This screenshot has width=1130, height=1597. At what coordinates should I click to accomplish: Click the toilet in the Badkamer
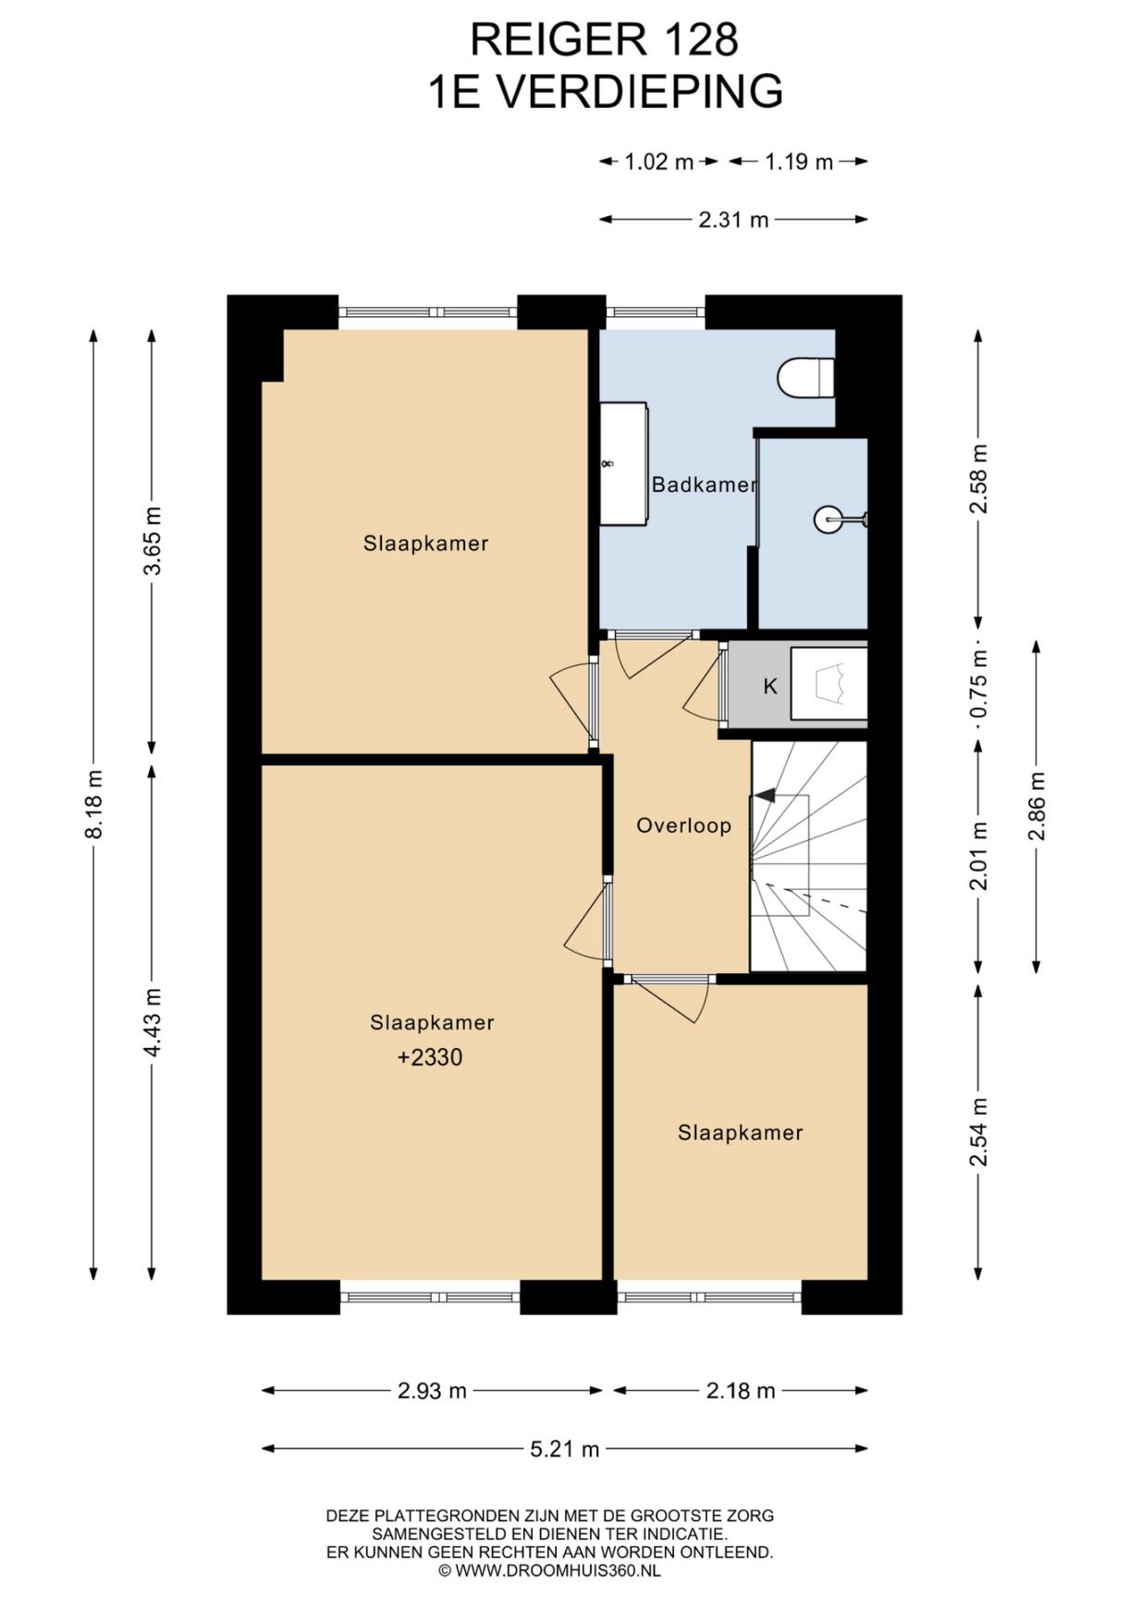(806, 378)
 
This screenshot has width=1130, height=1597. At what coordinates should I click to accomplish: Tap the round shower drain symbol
(828, 519)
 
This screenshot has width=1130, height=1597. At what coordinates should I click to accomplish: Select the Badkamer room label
(704, 484)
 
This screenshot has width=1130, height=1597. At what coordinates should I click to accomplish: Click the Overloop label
(683, 825)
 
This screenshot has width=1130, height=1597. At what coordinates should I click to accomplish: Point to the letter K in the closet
(769, 687)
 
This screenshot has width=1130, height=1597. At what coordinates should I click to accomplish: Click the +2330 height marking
(430, 1057)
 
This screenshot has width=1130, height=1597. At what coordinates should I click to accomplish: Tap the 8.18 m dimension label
(93, 804)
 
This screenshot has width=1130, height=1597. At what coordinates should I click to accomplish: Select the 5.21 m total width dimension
(564, 1449)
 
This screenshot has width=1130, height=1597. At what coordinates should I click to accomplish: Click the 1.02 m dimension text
(658, 163)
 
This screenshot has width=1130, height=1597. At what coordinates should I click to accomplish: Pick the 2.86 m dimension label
(1036, 807)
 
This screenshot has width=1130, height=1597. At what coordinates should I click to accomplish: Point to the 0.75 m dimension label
(979, 683)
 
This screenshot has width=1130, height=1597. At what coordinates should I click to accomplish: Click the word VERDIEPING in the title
(639, 91)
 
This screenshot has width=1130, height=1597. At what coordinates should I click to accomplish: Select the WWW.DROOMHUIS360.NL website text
(558, 1570)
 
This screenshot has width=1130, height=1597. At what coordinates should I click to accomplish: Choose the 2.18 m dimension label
(741, 1391)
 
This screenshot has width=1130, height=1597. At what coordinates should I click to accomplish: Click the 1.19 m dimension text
(799, 163)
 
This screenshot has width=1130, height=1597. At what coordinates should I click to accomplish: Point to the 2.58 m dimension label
(979, 479)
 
